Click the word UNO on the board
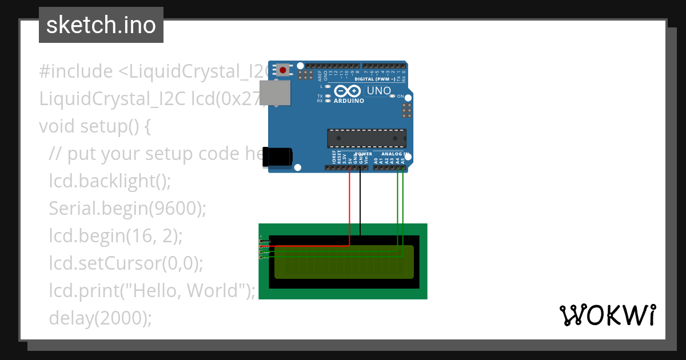coord(378,91)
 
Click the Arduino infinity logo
coord(348,91)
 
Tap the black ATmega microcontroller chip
coord(366,139)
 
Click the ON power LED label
coord(400,96)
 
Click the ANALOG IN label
coord(393,154)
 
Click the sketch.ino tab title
coord(101,25)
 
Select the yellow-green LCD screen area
coord(344,262)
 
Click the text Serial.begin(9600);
coord(127,209)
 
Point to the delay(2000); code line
coord(101,318)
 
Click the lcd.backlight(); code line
coord(110,181)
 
